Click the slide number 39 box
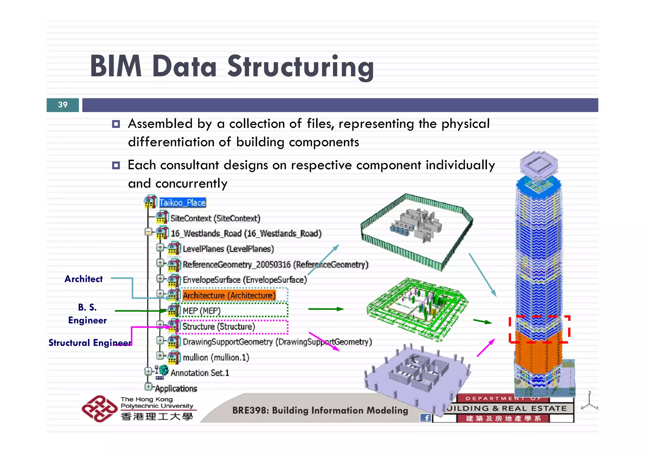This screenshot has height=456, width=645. (x=63, y=105)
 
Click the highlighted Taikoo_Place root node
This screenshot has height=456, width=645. (x=182, y=203)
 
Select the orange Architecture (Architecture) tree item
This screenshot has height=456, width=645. (x=229, y=296)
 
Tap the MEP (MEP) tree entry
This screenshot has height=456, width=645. (x=202, y=311)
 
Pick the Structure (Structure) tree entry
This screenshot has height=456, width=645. (x=219, y=326)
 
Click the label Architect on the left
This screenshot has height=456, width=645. (x=83, y=279)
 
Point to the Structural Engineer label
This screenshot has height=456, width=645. (x=90, y=343)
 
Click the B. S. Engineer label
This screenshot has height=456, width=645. (x=87, y=314)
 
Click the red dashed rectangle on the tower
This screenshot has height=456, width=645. (x=539, y=329)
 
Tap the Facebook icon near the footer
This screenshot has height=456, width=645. (x=426, y=418)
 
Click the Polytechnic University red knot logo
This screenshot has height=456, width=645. (x=99, y=409)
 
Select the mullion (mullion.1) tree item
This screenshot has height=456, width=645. (x=216, y=358)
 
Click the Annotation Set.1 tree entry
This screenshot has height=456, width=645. (x=200, y=373)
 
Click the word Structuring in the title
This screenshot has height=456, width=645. (x=301, y=66)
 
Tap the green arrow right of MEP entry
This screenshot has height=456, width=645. (x=326, y=309)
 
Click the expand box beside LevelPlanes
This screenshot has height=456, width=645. (x=160, y=248)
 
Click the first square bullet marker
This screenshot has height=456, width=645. (x=116, y=124)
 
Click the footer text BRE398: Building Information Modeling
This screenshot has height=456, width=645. (x=320, y=411)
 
